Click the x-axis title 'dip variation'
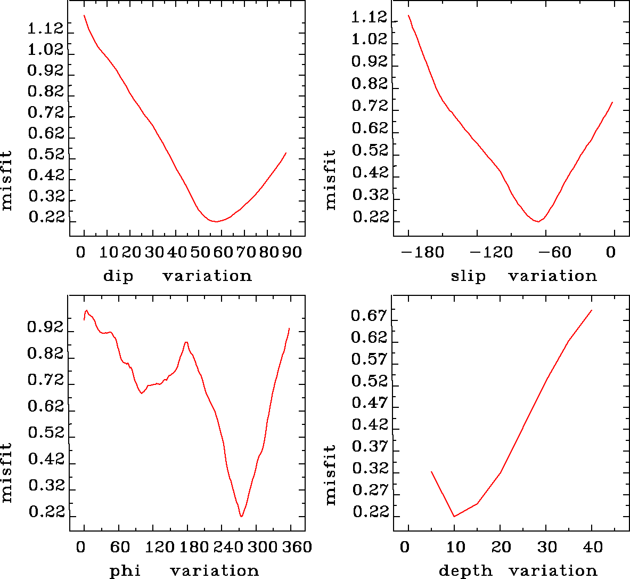(x=177, y=276)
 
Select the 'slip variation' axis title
(x=523, y=276)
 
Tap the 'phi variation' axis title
(x=184, y=571)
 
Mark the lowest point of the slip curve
(x=538, y=221)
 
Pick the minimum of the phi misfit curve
(x=241, y=517)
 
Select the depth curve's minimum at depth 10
(x=454, y=516)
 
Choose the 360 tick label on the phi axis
(x=295, y=547)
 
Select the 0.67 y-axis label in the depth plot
(x=368, y=316)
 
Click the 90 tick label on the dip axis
(x=292, y=252)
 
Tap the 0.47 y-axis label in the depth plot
(x=368, y=403)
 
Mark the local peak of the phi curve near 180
(x=186, y=342)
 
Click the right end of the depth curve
(x=592, y=310)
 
